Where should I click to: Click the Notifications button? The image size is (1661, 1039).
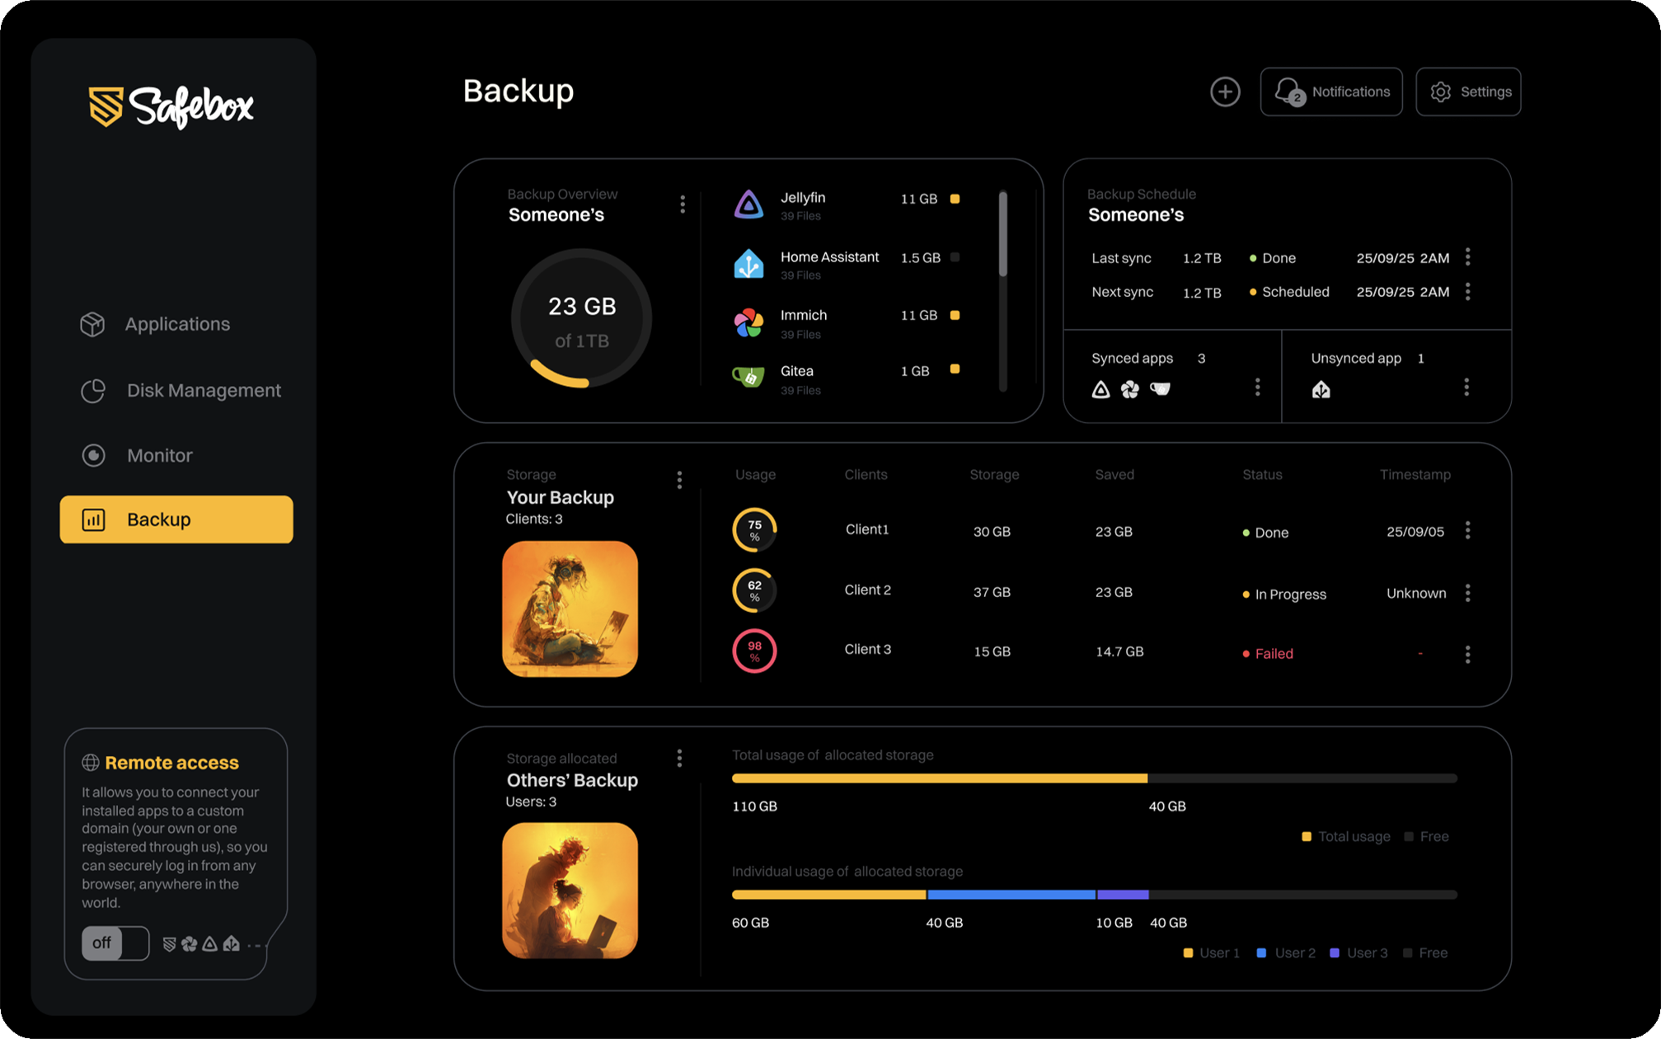coord(1330,92)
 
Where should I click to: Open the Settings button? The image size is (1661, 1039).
coord(1468,92)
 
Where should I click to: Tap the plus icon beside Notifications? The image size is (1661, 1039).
coord(1225,92)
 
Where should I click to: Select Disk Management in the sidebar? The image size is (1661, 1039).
coord(203,390)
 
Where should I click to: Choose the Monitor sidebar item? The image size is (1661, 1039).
coord(159,455)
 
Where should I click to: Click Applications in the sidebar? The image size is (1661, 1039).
coord(176,324)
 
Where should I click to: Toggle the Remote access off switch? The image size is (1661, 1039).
coord(115,943)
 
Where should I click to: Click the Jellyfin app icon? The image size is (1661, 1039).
coord(748,205)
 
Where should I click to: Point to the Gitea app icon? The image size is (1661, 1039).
coord(748,377)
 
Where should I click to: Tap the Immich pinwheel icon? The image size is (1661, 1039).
coord(748,322)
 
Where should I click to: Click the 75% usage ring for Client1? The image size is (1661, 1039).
coord(754,530)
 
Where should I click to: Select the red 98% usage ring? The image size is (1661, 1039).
coord(754,651)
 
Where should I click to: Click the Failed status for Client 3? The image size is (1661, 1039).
coord(1274,654)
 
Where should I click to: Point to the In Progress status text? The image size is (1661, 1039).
coord(1290,595)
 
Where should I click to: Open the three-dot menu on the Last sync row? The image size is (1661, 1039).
coord(1468,257)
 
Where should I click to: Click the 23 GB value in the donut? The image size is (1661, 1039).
coord(582,307)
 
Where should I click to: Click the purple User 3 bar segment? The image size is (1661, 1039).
coord(1123,895)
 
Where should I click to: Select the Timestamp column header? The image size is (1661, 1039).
coord(1415,475)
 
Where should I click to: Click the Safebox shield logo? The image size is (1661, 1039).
coord(106,106)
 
